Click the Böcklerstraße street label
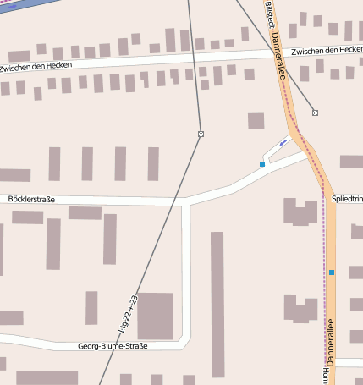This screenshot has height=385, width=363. pos(30,199)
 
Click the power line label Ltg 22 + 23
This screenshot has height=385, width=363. pos(129,312)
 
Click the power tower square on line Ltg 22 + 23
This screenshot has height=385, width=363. pos(201,134)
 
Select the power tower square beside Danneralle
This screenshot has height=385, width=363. pos(315,113)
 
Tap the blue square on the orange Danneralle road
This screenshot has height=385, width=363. pos(332,272)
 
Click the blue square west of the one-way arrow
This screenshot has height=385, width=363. pos(262,163)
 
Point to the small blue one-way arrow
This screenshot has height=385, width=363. pos(282,142)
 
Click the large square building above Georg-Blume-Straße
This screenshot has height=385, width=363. pos(155,316)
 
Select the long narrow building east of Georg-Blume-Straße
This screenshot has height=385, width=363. pos(217,304)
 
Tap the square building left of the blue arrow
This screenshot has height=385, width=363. pos(256,120)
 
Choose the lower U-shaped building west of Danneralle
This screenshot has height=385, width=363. pos(300,309)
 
